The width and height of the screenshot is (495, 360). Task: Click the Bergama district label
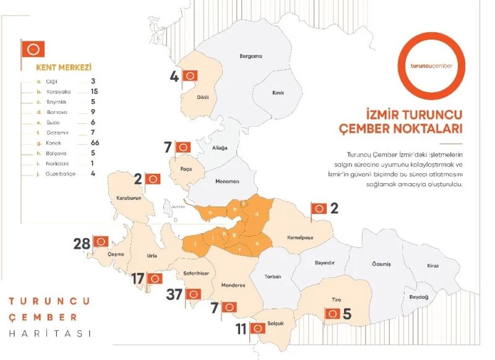point(251,56)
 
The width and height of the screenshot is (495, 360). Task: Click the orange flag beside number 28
point(102,241)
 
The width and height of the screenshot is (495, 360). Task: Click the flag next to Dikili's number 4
point(192,76)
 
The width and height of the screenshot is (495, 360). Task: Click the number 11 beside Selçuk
point(241,329)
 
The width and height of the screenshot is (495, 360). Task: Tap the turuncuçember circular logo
point(431,65)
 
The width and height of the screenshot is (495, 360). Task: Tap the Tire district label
point(337,299)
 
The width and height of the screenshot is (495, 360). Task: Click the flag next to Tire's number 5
point(333,314)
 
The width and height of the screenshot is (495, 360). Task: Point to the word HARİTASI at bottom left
point(49,333)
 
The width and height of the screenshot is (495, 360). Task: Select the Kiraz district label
point(433,266)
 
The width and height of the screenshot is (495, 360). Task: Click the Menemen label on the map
point(226,182)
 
